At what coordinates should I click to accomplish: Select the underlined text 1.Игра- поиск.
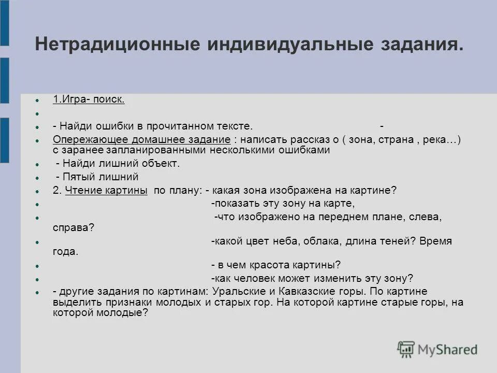tap(89, 99)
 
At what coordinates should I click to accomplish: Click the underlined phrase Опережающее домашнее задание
tap(141, 140)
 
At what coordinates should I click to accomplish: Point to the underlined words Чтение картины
tap(107, 190)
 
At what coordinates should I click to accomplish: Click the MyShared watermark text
tap(448, 350)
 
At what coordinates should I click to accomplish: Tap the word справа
tap(72, 227)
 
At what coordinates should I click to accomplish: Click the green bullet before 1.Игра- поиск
tap(37, 100)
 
